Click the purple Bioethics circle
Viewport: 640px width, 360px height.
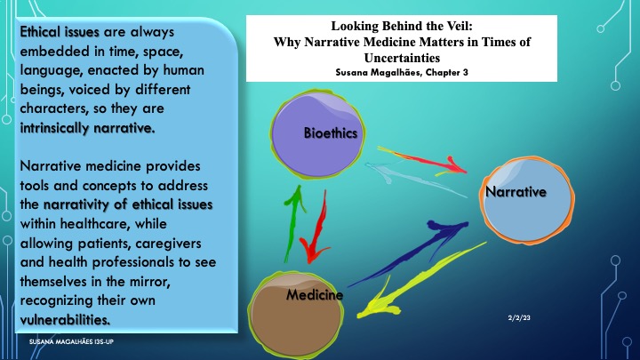[x=317, y=135]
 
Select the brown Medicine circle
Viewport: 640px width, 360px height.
[x=296, y=315]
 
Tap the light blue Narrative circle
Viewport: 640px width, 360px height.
[x=527, y=200]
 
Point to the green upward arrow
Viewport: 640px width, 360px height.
[x=295, y=222]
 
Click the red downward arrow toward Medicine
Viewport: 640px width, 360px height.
[x=317, y=228]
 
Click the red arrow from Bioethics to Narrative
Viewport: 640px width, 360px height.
[x=422, y=160]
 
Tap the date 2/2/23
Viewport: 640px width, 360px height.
[x=519, y=317]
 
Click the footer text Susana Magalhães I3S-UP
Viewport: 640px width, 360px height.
[x=71, y=341]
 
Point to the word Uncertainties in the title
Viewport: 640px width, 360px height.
[x=402, y=58]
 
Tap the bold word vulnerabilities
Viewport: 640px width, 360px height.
[x=65, y=320]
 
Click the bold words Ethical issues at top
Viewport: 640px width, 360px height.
[x=60, y=32]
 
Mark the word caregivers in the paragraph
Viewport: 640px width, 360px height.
[x=168, y=244]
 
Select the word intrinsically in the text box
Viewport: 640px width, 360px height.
[x=55, y=128]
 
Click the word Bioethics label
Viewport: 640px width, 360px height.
[x=331, y=133]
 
